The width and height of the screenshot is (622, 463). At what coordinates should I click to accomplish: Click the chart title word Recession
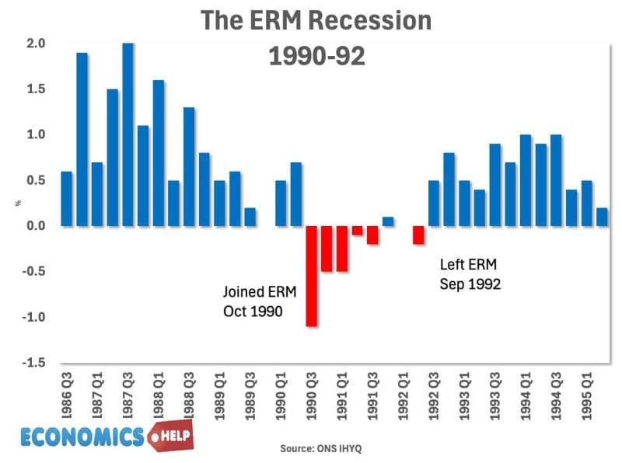(366, 21)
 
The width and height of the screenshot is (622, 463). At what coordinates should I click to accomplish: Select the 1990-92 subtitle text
(316, 57)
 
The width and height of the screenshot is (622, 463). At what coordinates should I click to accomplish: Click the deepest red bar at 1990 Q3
(311, 276)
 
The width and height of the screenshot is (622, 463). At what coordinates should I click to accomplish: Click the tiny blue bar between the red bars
(388, 221)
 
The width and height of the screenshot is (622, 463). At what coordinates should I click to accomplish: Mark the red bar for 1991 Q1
(342, 249)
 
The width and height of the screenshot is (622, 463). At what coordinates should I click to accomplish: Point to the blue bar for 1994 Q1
(526, 180)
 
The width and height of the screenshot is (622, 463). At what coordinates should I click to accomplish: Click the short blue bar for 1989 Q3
(250, 217)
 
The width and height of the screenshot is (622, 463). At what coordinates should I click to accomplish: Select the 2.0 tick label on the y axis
(36, 44)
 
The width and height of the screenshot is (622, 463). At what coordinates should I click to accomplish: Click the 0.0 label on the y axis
(36, 226)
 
